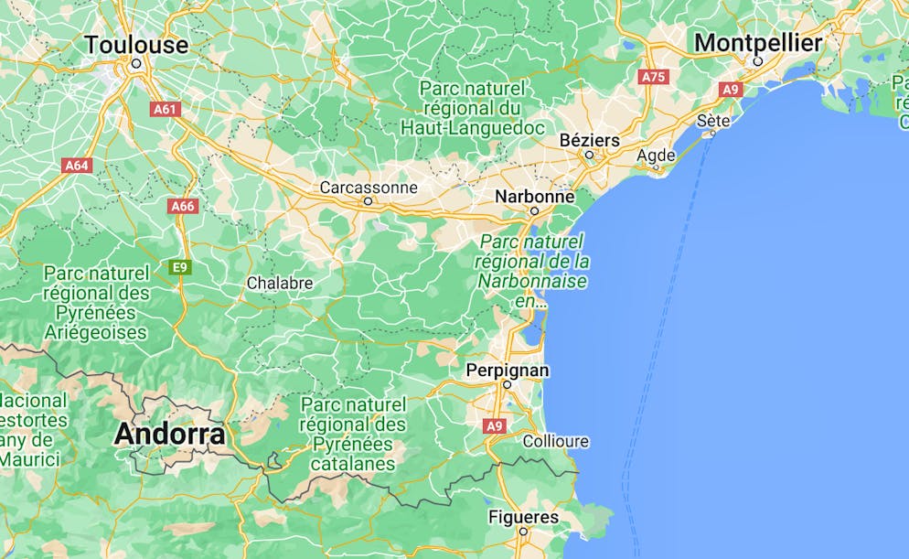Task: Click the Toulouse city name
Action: (136, 44)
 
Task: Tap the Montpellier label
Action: (758, 42)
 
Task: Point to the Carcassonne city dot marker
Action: (369, 200)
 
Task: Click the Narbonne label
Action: (534, 196)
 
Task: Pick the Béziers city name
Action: (589, 140)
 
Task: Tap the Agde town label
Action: (656, 156)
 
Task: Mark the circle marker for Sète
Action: (713, 134)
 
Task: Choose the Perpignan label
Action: (508, 370)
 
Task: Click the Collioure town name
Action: (556, 441)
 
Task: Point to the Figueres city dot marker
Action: (523, 531)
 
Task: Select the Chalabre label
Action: (280, 284)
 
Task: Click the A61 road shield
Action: (166, 109)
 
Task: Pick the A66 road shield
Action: (183, 206)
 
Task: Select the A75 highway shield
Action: (654, 77)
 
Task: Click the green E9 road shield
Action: (180, 266)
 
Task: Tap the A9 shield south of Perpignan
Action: (495, 425)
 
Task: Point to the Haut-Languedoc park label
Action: (473, 108)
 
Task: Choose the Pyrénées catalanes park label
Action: (353, 434)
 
